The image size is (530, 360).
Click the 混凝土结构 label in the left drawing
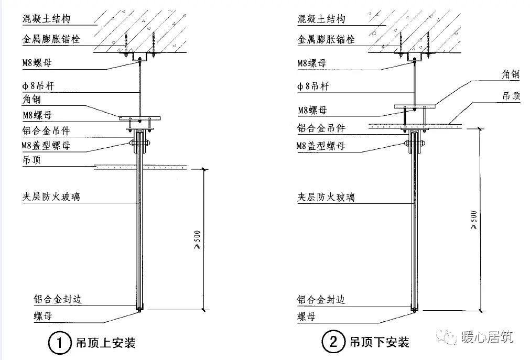46,19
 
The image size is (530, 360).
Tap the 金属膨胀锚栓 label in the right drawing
326,39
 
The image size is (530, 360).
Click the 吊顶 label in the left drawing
33,160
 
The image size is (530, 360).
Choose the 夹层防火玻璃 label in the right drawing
326,197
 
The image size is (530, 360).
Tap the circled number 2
333,344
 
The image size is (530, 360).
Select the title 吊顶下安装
380,344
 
